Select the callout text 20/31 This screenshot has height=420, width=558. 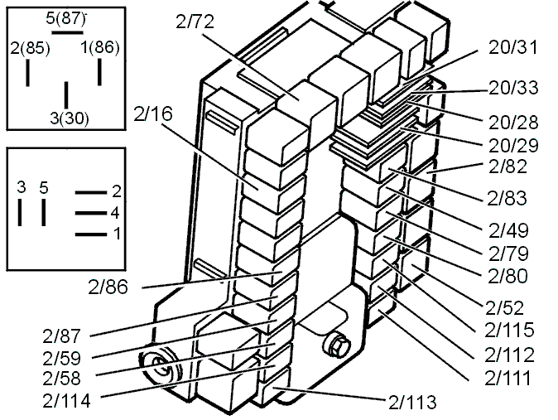point(513,47)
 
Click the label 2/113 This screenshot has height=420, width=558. point(412,403)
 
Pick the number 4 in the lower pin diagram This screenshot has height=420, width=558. point(115,213)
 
